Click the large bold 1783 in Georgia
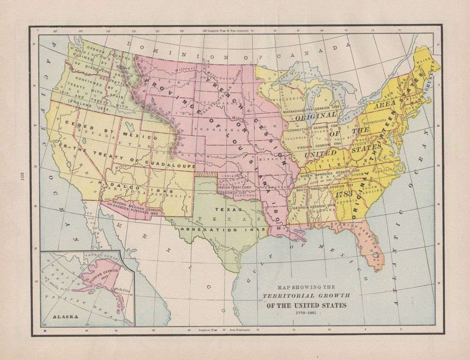tap(344, 194)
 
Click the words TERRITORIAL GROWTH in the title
tap(306, 296)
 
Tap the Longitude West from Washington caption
tap(229, 330)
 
